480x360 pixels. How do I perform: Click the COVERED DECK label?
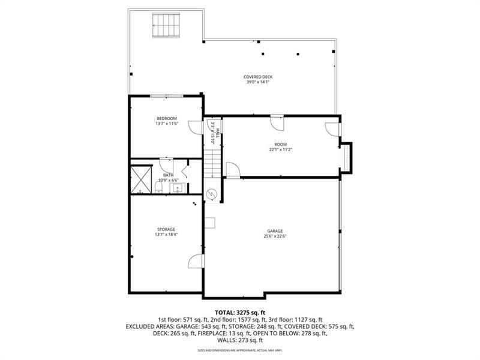click(258, 77)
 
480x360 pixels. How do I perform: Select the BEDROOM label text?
click(167, 118)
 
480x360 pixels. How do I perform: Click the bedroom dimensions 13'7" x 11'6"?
click(167, 124)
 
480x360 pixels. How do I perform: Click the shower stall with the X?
click(142, 178)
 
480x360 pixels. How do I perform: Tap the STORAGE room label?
click(166, 229)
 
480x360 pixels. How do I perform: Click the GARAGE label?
click(275, 230)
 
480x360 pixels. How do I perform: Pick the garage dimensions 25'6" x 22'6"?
click(275, 236)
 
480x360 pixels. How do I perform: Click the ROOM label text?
click(280, 144)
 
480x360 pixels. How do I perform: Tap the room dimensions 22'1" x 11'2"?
click(280, 149)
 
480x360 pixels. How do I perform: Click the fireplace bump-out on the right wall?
click(346, 157)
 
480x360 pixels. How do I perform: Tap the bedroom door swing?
click(196, 127)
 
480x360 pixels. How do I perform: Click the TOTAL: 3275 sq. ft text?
click(240, 313)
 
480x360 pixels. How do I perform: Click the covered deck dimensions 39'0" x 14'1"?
click(258, 82)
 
